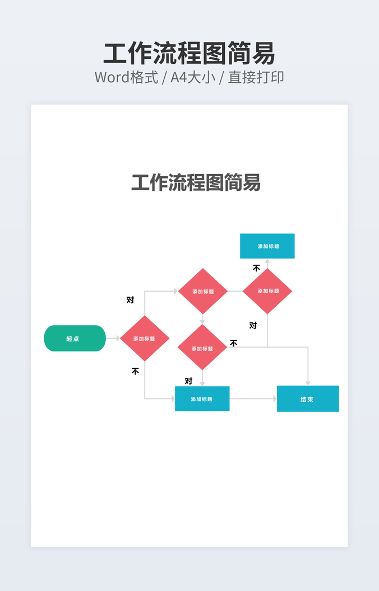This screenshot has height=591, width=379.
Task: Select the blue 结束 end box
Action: coord(308,399)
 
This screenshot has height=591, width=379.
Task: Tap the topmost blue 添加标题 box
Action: coord(267,246)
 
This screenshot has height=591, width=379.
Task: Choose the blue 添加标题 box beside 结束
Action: coord(202,399)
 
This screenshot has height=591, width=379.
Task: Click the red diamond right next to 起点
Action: coord(145,339)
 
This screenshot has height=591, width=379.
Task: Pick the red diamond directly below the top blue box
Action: coord(267,291)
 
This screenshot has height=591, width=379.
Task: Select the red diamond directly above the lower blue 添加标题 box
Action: coord(202,348)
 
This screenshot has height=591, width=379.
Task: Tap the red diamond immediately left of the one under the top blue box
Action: coord(202,291)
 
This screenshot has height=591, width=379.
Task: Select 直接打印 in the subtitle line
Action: coord(256,77)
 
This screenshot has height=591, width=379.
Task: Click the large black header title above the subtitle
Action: coord(189,54)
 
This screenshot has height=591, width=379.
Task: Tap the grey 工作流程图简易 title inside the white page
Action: coord(196,182)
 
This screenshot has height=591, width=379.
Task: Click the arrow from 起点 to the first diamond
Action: coord(113,339)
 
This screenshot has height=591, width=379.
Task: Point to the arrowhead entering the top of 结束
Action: coord(308,383)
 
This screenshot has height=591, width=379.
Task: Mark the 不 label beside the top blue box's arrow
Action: coord(256,268)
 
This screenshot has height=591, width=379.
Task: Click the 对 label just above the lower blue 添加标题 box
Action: coord(188,381)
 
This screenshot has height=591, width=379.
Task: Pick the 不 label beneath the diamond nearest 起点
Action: coord(135,371)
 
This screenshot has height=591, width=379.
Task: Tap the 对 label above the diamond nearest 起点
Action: coord(130,300)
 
